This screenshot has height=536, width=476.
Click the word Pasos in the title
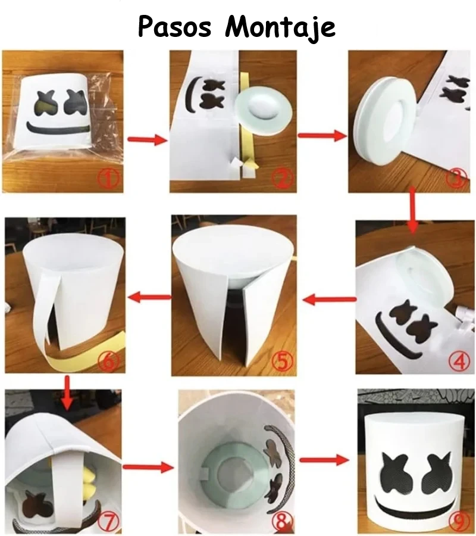(175, 27)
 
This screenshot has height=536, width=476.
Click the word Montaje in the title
(280, 28)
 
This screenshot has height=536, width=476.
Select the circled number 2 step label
(281, 179)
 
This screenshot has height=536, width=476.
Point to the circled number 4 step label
(459, 361)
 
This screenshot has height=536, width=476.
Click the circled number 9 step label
(456, 522)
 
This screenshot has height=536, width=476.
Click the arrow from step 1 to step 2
(147, 139)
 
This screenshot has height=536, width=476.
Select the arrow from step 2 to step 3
(322, 135)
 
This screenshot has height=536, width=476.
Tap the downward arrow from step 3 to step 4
(413, 210)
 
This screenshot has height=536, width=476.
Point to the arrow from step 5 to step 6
(149, 297)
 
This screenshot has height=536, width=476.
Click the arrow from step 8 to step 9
(324, 460)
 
